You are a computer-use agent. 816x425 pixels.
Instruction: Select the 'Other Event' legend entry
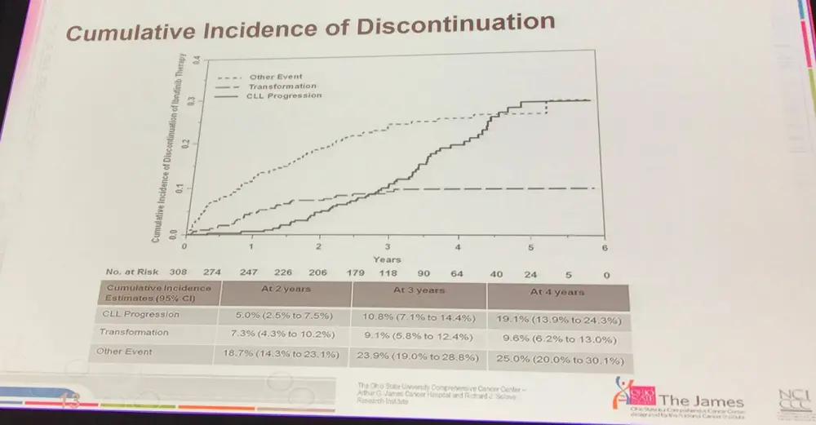point(276,77)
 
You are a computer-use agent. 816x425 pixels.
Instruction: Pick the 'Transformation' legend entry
point(282,86)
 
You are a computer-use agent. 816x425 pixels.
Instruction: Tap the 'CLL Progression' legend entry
point(285,95)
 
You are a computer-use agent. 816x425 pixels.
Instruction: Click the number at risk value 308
point(179,274)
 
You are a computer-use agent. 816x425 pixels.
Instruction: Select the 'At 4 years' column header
point(557,291)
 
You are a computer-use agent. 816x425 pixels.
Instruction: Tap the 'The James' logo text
point(701,401)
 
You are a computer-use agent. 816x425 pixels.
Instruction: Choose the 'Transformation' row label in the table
point(134,332)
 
